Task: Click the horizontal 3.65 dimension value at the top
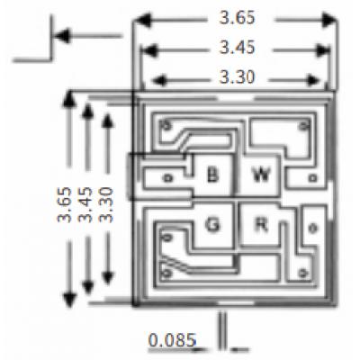(237, 18)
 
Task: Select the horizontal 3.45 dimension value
(237, 48)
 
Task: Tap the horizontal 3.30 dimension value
(237, 77)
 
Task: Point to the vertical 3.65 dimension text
(65, 205)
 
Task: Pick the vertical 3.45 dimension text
(85, 205)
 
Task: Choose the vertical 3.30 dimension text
(106, 205)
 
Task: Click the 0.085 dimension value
(172, 340)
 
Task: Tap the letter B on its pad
(213, 175)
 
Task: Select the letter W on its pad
(261, 175)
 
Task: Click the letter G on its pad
(212, 224)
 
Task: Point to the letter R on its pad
(261, 224)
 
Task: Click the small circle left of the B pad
(167, 178)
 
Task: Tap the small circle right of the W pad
(313, 178)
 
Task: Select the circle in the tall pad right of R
(312, 229)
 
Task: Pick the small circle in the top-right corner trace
(303, 126)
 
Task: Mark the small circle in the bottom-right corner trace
(302, 273)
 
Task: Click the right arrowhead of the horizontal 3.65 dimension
(330, 20)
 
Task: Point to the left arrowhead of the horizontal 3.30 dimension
(159, 80)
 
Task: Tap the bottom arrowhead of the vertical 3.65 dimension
(69, 301)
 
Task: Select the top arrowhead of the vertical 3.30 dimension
(107, 121)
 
